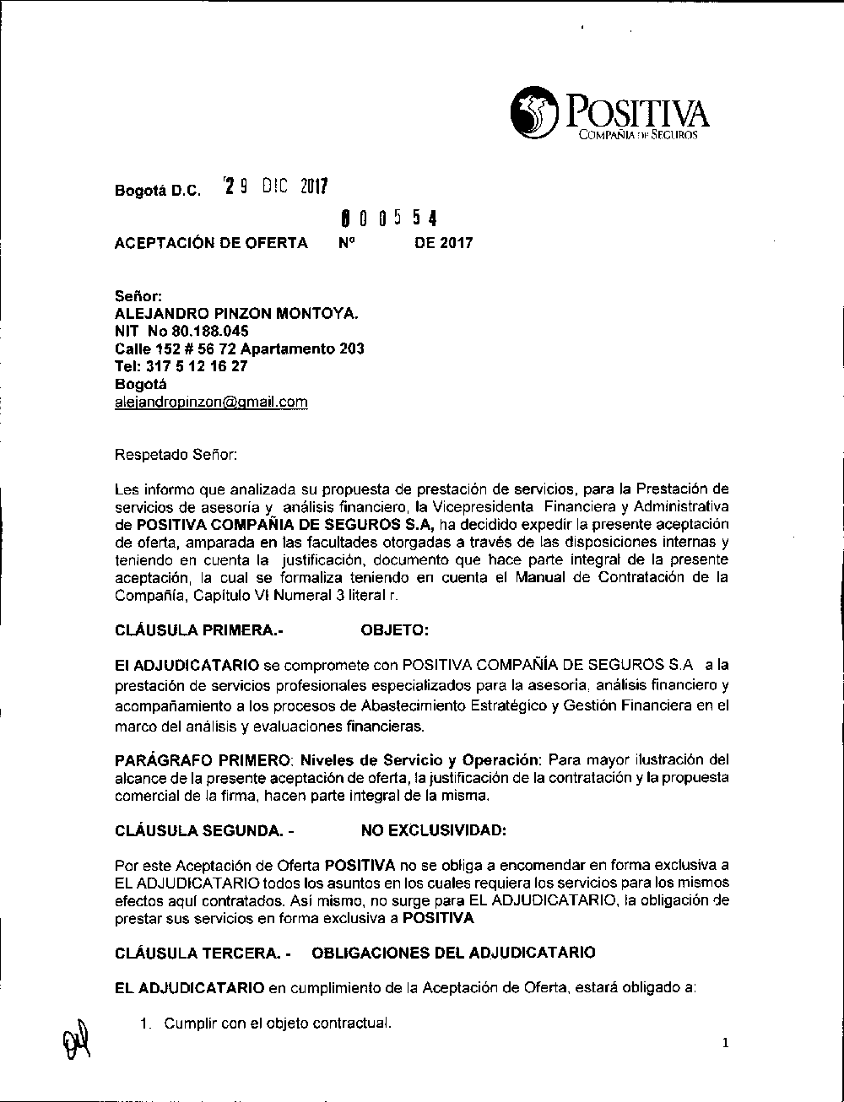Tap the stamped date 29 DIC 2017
tap(274, 186)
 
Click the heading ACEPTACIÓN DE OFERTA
tap(211, 243)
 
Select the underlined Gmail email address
tap(211, 402)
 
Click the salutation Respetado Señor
tap(176, 455)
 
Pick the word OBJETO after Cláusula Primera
tap(394, 629)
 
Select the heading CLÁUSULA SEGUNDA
tap(203, 830)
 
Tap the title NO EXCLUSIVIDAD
tap(434, 830)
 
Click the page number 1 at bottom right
tap(725, 1045)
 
